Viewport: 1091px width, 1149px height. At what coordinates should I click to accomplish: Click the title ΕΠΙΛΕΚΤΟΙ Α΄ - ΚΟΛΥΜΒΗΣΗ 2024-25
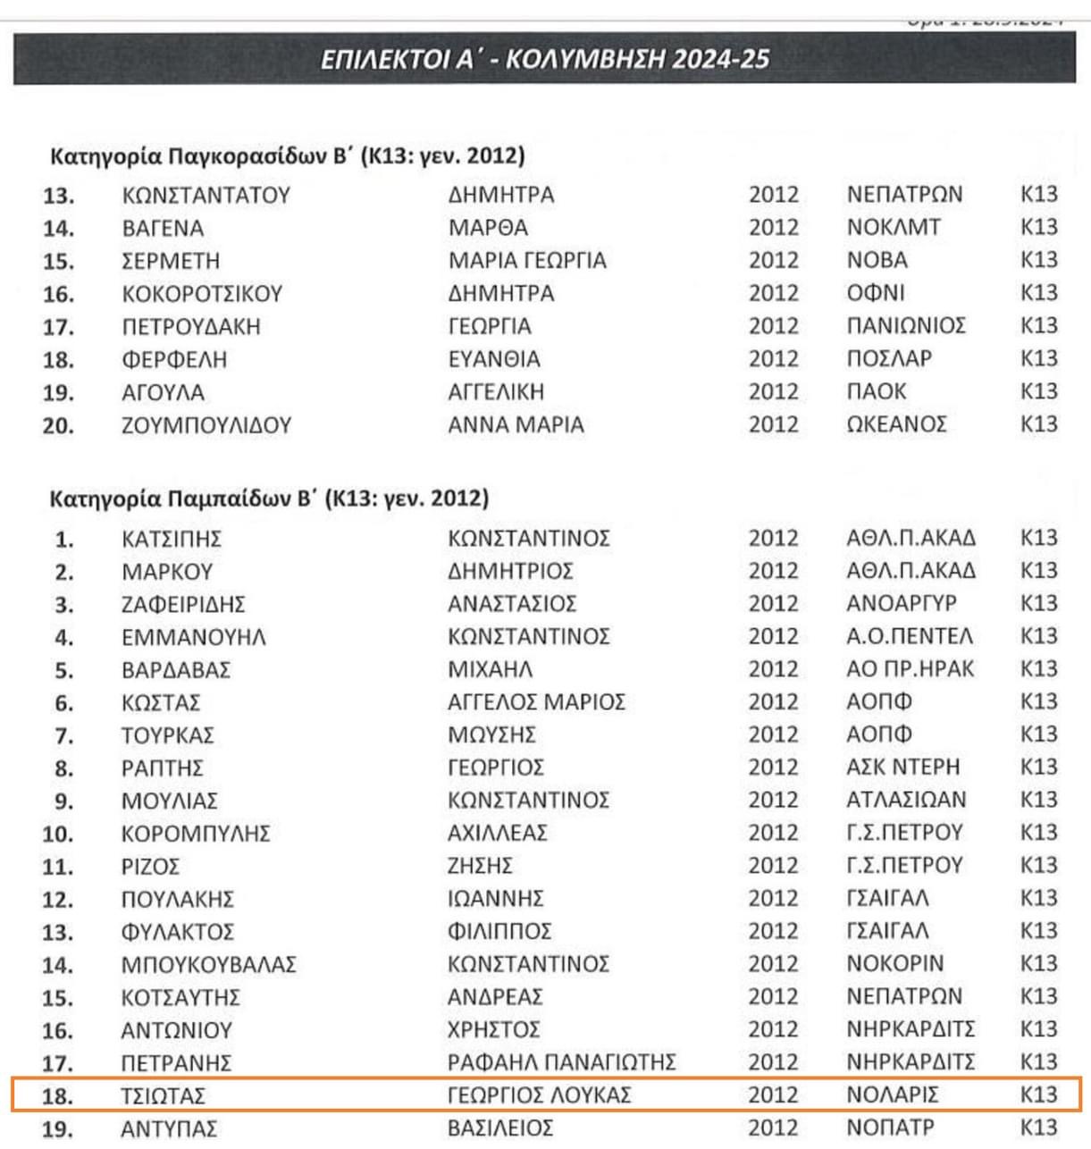(544, 59)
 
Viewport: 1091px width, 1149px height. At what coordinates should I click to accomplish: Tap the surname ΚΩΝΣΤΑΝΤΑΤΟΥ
(206, 195)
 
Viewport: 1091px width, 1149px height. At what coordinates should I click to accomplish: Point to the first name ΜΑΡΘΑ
(488, 228)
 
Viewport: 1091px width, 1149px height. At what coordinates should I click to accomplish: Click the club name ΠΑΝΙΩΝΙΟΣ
(905, 326)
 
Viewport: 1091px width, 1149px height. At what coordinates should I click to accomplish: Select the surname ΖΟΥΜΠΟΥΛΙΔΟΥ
(206, 425)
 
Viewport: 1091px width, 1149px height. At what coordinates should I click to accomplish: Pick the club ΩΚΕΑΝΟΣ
(896, 424)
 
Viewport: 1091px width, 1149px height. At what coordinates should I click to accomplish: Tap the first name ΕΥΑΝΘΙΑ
(494, 359)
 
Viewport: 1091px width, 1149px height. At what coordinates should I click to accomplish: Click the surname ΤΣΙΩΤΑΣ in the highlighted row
(164, 1095)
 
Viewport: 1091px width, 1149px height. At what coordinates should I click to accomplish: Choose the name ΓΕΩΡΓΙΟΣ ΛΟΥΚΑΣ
(540, 1094)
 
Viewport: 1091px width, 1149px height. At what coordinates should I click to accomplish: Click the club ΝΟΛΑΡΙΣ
(893, 1094)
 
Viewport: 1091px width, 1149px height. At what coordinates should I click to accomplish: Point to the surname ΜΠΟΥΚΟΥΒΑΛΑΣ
(208, 965)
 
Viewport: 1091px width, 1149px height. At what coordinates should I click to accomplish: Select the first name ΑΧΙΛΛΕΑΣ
(498, 833)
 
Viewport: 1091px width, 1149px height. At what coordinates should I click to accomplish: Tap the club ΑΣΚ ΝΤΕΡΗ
(902, 767)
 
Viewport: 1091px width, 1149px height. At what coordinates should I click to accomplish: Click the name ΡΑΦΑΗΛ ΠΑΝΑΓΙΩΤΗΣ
(561, 1062)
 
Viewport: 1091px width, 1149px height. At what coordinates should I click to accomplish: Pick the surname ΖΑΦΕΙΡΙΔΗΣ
(183, 604)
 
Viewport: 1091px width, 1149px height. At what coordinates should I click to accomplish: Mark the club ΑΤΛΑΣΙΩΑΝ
(906, 800)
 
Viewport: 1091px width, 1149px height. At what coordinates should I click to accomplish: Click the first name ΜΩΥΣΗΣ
(491, 734)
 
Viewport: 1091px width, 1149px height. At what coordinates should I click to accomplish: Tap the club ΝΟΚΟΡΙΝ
(894, 964)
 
